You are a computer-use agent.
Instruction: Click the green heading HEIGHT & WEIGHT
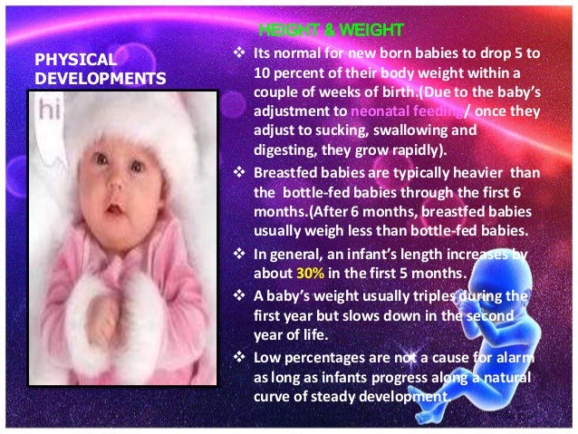click(318, 32)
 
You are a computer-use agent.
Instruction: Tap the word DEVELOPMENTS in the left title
click(100, 79)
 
